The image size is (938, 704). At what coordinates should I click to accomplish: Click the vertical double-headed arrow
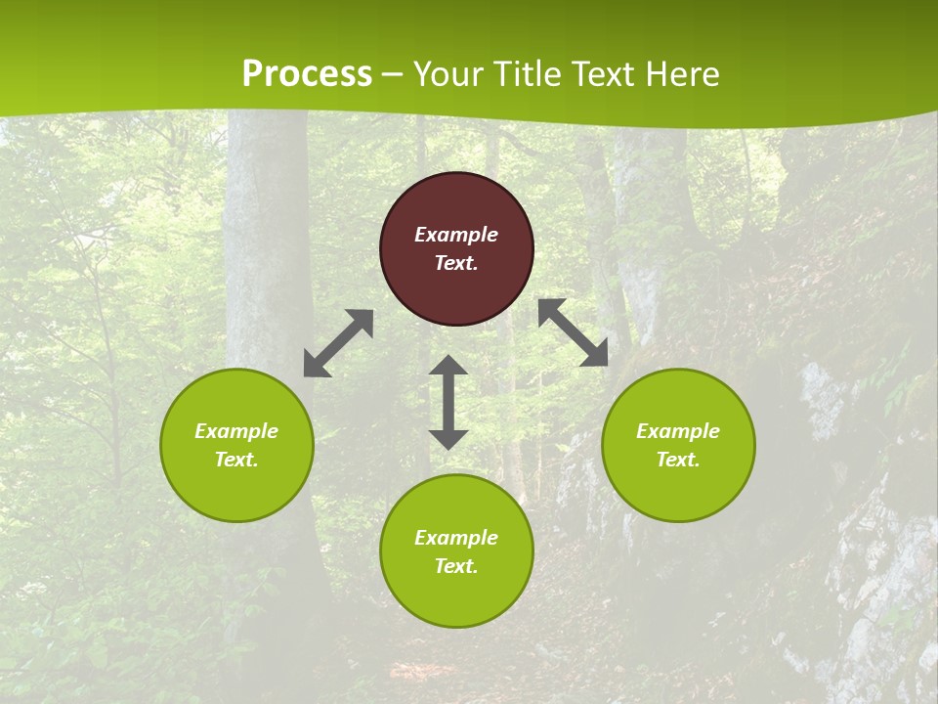click(x=448, y=402)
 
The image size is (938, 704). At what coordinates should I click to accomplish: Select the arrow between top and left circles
click(x=338, y=343)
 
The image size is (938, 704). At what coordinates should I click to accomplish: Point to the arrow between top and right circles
click(x=573, y=332)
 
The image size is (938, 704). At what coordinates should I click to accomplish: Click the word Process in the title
click(x=307, y=74)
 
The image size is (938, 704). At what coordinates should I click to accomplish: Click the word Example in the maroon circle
click(x=456, y=235)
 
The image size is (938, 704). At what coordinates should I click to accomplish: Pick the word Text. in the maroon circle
click(x=456, y=263)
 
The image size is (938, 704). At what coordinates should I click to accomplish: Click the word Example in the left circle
click(x=236, y=431)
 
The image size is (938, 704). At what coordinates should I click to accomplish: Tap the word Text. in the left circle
click(x=236, y=460)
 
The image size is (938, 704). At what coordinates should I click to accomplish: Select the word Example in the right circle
click(x=678, y=431)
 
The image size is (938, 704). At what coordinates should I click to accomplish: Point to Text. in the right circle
click(x=678, y=460)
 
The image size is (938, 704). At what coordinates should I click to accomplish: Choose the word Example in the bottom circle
click(x=456, y=538)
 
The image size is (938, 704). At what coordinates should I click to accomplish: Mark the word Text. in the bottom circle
click(x=456, y=566)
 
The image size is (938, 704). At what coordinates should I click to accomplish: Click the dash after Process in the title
click(x=393, y=74)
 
